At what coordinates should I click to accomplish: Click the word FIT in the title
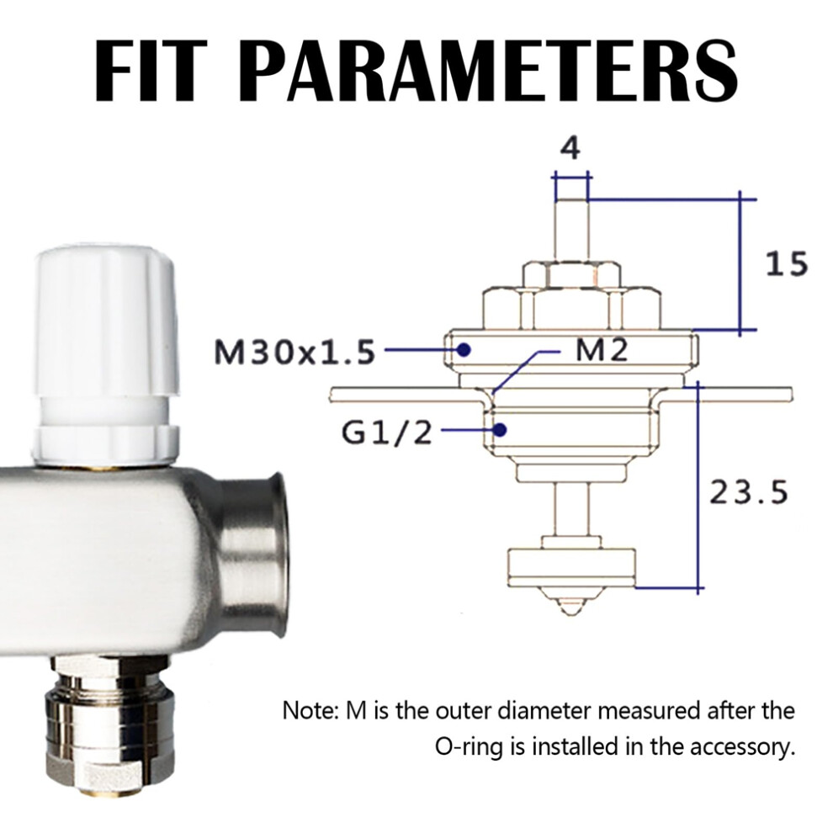151,70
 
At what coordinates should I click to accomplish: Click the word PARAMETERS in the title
491,70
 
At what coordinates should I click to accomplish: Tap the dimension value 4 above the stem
570,148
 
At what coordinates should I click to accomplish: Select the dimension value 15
786,263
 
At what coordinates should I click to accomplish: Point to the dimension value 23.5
749,492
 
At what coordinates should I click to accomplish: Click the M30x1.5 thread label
294,351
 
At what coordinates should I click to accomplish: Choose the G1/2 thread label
386,433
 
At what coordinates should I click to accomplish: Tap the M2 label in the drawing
601,351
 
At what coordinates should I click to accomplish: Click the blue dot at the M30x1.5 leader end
464,349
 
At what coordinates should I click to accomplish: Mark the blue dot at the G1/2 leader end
499,429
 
